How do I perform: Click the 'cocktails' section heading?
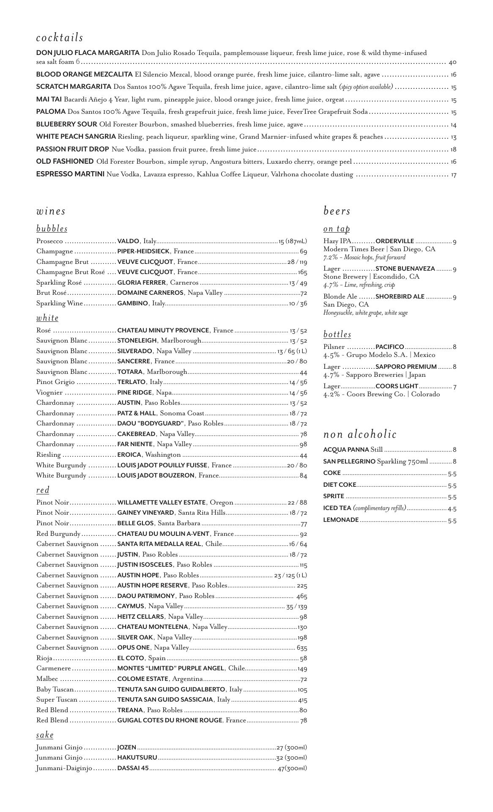(60, 38)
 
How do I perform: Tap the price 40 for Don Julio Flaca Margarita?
(452, 62)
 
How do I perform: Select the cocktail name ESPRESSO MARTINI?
(70, 174)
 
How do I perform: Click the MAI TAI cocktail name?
(49, 100)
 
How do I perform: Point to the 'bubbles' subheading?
(52, 229)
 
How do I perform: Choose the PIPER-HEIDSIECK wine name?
(143, 252)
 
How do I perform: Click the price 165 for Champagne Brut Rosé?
(302, 272)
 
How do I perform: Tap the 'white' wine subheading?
(47, 318)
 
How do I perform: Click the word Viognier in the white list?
(49, 393)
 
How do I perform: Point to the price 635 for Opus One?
(302, 648)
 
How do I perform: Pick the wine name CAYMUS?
(131, 606)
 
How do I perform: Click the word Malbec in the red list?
(47, 679)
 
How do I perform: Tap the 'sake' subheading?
(45, 735)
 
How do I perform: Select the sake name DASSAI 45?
(133, 768)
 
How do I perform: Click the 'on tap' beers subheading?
(337, 229)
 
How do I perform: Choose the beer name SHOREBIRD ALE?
(400, 296)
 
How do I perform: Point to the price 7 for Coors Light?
(455, 387)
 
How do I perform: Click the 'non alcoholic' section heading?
(360, 434)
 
